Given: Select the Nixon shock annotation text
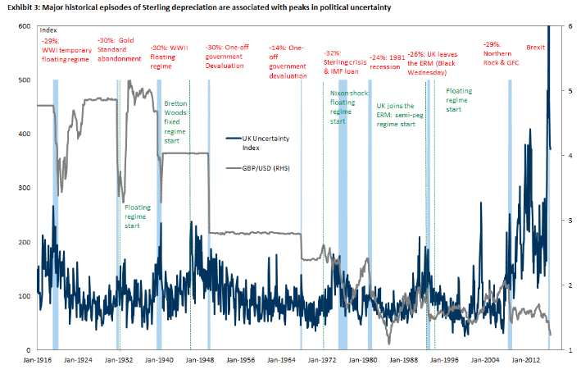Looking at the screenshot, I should (343, 107).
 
